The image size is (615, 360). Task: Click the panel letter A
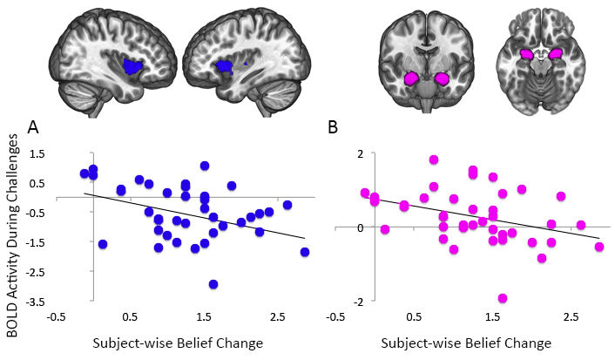coord(33,127)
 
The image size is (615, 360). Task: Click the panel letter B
coord(333,127)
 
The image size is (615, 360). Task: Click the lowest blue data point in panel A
coord(213,284)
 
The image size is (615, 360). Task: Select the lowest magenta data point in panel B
coord(503,298)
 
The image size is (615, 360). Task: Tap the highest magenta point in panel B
coord(434,160)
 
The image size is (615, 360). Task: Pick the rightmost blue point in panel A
coord(305,252)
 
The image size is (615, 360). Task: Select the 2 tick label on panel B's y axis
coord(361,153)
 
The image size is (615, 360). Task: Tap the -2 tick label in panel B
coord(359,301)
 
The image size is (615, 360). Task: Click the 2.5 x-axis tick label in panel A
coord(278,317)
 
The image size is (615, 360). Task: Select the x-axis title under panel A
coord(178,343)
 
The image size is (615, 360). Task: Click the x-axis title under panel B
coord(466,343)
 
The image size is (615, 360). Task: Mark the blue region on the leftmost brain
coord(132,66)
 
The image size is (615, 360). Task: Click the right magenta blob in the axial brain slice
coord(555,54)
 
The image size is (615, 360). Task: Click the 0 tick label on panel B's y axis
coord(361,228)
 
